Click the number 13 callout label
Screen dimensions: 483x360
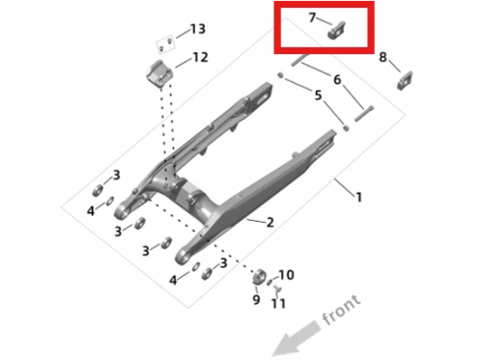(x=198, y=29)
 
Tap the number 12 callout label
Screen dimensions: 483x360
(x=200, y=57)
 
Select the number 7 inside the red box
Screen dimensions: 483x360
(x=312, y=17)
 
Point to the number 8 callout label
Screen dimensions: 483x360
(x=383, y=57)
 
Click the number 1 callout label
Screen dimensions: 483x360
(x=358, y=197)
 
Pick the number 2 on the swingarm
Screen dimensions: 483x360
(x=270, y=222)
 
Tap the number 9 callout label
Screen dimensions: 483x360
(x=256, y=299)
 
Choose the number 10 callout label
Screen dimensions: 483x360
(x=286, y=275)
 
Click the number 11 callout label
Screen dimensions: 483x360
(x=278, y=303)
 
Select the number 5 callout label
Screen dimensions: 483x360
(x=318, y=96)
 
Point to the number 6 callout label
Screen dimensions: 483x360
(x=337, y=79)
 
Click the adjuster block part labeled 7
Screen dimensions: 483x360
(x=336, y=31)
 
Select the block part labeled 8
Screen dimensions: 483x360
(x=405, y=80)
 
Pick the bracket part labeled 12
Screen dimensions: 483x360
(x=159, y=74)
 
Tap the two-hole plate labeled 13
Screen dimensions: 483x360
(x=165, y=44)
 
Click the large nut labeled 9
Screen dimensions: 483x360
(x=259, y=277)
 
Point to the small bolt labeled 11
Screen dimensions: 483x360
(x=277, y=290)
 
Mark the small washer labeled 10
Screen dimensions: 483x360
(x=270, y=282)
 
